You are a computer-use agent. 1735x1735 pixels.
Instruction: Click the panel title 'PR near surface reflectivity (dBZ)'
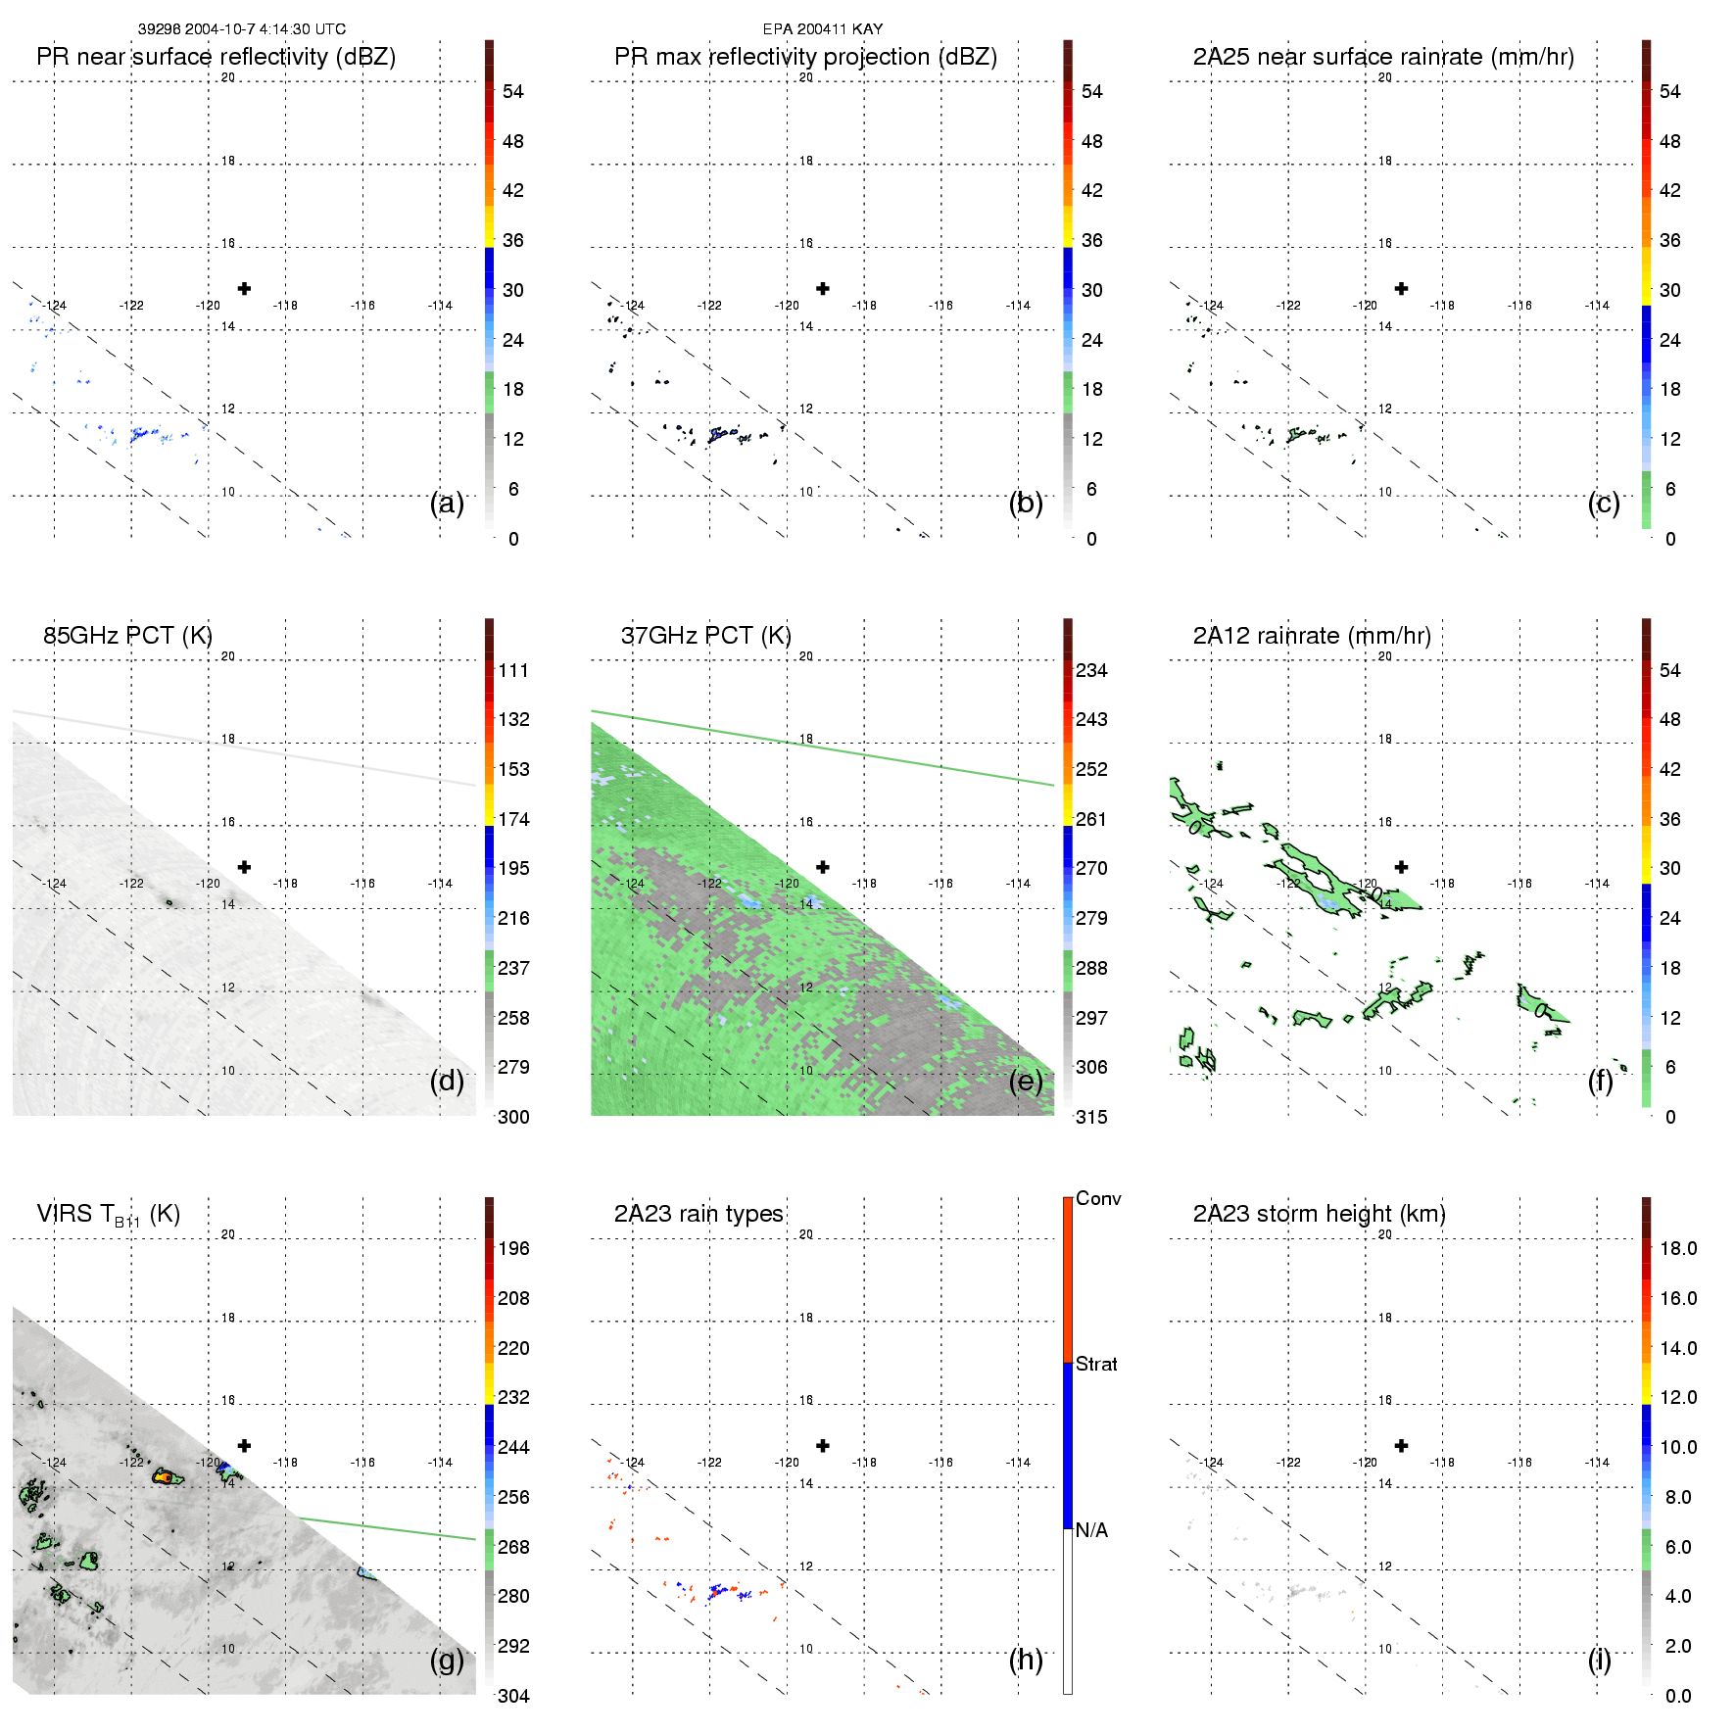point(216,57)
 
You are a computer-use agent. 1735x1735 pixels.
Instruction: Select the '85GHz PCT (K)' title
point(127,636)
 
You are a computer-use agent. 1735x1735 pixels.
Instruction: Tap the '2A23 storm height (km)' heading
point(1319,1214)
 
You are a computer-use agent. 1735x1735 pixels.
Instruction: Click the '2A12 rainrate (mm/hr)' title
point(1312,636)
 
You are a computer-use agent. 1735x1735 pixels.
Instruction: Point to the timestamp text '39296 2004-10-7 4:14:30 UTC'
point(241,29)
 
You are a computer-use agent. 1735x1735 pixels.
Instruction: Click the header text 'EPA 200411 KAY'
point(823,29)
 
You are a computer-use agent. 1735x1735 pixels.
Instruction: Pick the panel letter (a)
point(447,504)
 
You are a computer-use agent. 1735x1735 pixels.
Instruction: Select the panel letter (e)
point(1026,1082)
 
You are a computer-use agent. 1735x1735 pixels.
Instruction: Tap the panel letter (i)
point(1599,1660)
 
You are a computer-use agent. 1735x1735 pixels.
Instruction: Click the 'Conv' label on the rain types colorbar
point(1098,1199)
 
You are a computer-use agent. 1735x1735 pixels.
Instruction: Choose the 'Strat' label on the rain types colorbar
point(1096,1365)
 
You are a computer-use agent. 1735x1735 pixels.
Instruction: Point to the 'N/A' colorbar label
point(1092,1530)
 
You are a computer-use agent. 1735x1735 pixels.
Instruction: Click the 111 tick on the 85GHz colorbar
point(513,671)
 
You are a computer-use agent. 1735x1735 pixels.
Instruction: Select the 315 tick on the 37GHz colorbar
point(1091,1118)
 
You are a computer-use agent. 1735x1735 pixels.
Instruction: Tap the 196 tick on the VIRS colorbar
point(513,1249)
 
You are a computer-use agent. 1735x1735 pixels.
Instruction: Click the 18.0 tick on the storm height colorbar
point(1678,1249)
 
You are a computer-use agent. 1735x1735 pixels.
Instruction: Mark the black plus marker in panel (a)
point(244,288)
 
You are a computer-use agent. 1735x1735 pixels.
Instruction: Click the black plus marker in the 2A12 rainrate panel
point(1402,867)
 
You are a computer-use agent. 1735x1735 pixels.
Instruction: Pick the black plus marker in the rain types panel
point(823,1445)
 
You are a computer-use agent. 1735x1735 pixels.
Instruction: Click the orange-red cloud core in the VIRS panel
point(167,1475)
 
